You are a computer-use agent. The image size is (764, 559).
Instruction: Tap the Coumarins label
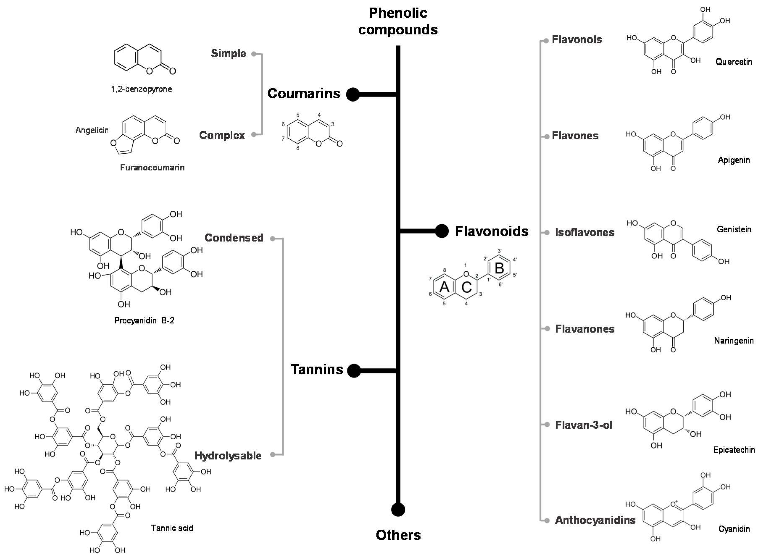coord(304,94)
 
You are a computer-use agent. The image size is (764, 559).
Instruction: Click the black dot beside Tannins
coord(354,370)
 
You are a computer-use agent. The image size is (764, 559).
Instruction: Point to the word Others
coord(398,535)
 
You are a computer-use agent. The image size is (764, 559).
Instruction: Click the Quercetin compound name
coord(734,62)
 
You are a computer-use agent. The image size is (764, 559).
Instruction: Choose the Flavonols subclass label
coord(577,40)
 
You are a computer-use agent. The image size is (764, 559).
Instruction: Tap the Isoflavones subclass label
coord(585,232)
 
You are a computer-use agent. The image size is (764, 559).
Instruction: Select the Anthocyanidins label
coord(595,520)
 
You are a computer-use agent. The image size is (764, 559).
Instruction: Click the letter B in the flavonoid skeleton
coord(499,268)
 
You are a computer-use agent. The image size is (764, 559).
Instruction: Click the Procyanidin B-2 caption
coord(144,321)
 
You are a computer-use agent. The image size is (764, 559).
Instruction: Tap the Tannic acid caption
coord(172,528)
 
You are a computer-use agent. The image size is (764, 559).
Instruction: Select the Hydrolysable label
coord(228,456)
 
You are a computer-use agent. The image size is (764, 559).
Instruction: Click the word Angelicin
coord(92,130)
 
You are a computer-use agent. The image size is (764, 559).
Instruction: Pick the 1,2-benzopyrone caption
coord(142,89)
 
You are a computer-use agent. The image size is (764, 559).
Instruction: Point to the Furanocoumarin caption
coord(152,168)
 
